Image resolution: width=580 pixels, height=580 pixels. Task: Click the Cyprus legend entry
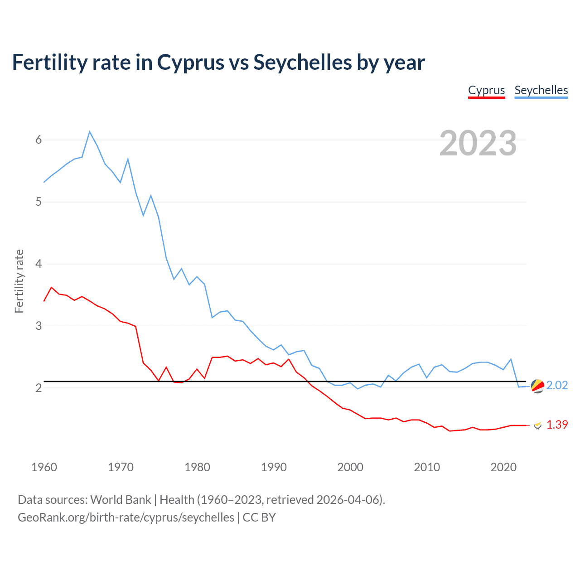486,90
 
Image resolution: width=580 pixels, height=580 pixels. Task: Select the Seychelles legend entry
541,90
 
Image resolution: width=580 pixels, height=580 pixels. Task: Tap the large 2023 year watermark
478,143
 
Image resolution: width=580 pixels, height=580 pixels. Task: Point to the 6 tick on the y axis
39,140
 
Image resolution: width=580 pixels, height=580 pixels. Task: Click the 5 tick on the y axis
39,202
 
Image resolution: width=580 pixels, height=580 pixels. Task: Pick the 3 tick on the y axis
39,326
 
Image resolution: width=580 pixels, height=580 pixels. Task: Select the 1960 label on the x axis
44,467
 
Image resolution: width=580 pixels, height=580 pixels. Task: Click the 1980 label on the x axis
197,467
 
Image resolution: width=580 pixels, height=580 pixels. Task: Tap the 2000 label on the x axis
350,467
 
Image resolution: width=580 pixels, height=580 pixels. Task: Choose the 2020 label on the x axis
503,467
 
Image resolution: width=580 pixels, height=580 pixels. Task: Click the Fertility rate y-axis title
19,281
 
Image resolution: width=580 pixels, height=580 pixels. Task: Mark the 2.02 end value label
557,385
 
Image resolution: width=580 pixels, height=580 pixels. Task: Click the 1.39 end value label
557,425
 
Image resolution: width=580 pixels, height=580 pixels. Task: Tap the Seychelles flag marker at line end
537,386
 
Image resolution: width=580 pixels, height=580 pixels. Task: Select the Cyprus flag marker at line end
538,425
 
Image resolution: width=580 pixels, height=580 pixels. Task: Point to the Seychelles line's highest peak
90,131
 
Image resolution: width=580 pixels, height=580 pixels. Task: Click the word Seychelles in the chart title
302,63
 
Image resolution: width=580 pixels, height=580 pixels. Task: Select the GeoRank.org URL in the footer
126,517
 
